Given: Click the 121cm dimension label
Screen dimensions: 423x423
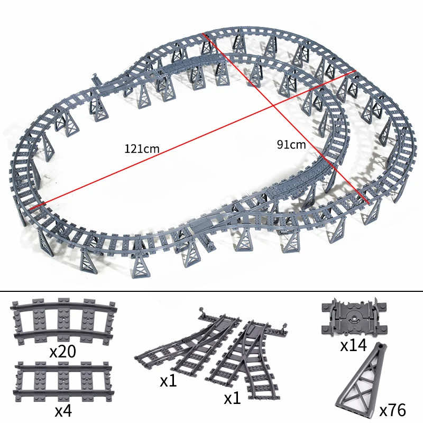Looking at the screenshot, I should tap(142, 149).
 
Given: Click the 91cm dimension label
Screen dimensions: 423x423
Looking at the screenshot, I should tap(291, 144).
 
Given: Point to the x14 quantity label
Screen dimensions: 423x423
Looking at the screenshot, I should tap(353, 346).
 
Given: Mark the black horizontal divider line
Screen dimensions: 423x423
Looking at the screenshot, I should tap(212, 290).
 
